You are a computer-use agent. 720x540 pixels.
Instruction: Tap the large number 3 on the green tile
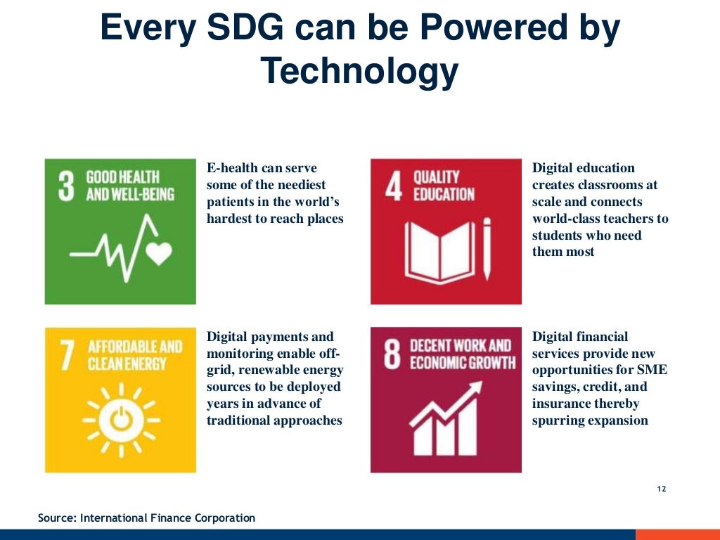click(x=66, y=185)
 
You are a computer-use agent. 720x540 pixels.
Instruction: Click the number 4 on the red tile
click(x=394, y=186)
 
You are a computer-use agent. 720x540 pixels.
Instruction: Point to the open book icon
click(x=436, y=251)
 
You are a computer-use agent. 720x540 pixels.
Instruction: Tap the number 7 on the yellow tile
click(x=67, y=356)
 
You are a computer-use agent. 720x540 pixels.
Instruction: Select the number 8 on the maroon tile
click(x=392, y=354)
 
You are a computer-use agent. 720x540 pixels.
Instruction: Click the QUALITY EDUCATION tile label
click(x=444, y=186)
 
